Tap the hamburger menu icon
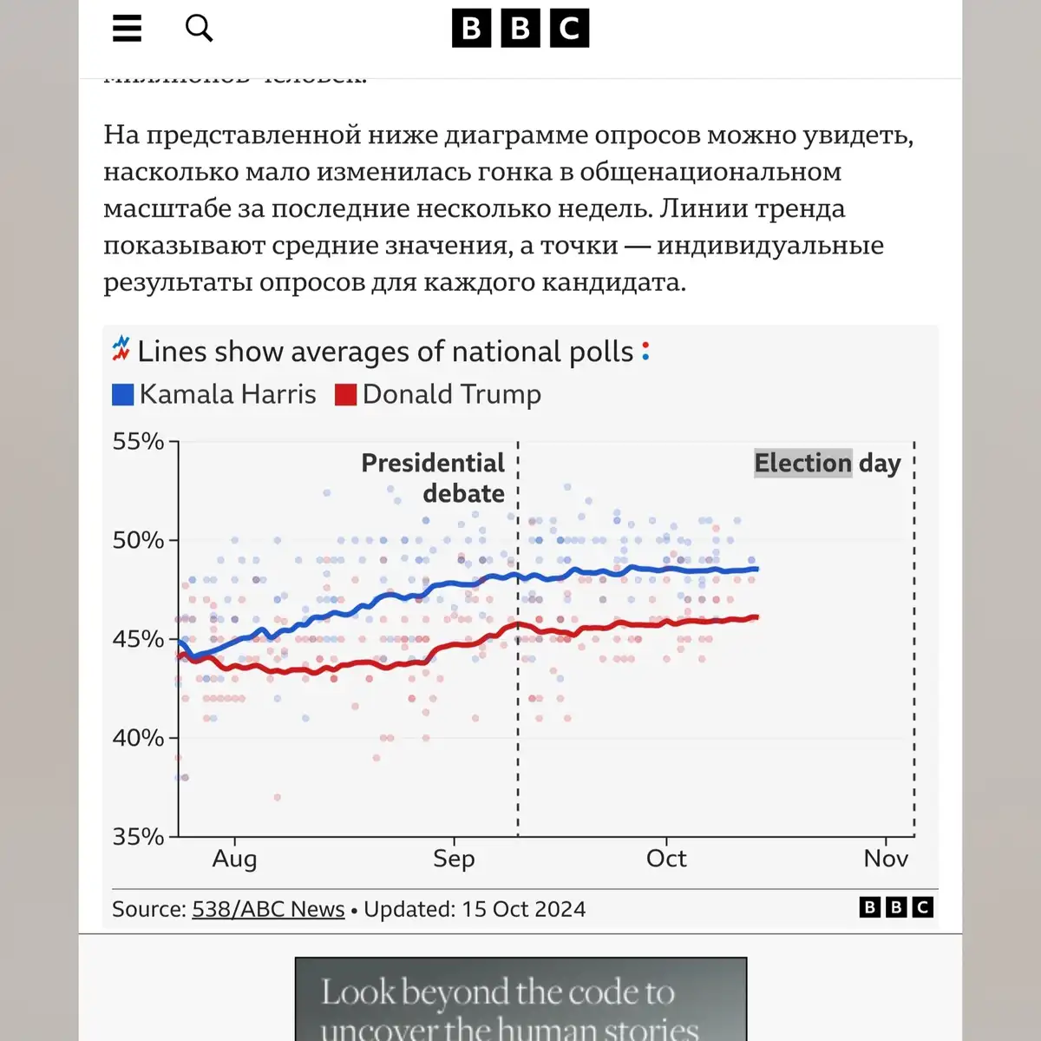click(x=127, y=29)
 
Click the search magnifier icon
click(x=199, y=28)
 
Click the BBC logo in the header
click(x=520, y=29)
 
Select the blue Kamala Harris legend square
click(x=123, y=395)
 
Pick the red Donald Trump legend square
click(x=346, y=395)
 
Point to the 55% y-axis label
click(x=138, y=442)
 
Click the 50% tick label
click(x=138, y=540)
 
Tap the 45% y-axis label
click(x=138, y=639)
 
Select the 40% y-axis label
click(x=138, y=738)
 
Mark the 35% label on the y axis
click(x=138, y=837)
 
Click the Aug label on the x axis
click(x=234, y=859)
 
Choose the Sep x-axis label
click(x=454, y=859)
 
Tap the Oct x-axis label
click(x=666, y=859)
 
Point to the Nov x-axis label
click(x=886, y=859)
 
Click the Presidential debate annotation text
click(x=434, y=478)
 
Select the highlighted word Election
click(x=803, y=463)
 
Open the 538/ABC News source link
click(x=268, y=909)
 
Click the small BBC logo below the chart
click(x=896, y=907)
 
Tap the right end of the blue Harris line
click(x=756, y=569)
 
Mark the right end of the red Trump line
click(x=756, y=617)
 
